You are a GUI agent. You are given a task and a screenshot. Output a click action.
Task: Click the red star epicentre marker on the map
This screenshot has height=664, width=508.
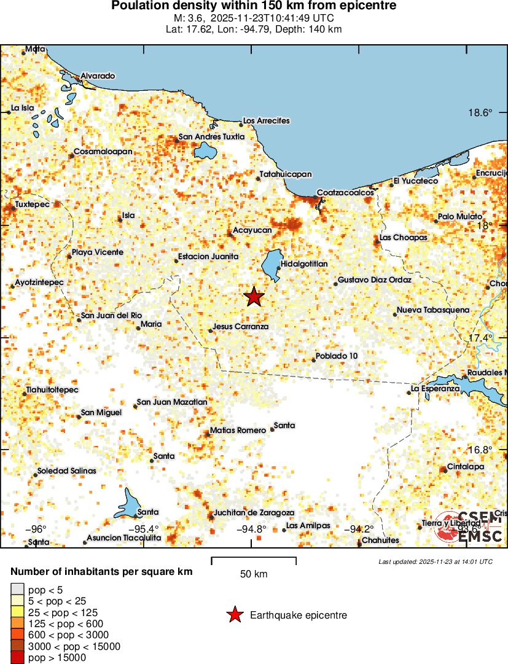point(254,297)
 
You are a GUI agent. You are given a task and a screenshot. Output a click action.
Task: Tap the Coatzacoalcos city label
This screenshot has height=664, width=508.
point(345,193)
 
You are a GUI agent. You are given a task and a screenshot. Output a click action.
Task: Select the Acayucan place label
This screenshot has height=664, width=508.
point(252,230)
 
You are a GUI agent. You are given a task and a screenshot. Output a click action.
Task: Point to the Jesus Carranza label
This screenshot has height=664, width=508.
point(240,327)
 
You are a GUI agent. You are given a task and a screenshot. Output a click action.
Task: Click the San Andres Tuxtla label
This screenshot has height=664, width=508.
point(211,137)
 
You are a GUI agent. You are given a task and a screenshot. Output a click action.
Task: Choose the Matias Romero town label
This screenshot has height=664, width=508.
point(238,431)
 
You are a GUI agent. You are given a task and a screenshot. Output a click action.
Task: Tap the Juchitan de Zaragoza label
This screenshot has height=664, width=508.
point(254,513)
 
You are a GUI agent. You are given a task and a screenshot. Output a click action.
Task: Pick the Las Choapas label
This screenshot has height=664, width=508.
point(403,237)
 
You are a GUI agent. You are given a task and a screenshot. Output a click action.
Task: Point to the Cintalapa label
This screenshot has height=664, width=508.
point(466,467)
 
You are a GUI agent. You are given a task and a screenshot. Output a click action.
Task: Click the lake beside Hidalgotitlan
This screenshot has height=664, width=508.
point(272,264)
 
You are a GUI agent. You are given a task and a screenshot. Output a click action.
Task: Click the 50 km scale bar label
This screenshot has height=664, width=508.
point(254,574)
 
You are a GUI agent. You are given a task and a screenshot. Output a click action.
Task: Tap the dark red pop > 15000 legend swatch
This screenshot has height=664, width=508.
point(18,658)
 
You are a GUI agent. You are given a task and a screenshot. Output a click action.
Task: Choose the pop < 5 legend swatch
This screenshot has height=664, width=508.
point(18,590)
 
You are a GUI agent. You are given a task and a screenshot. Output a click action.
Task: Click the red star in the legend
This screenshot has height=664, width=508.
point(234,615)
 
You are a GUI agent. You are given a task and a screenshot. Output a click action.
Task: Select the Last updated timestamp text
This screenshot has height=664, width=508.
point(436,561)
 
